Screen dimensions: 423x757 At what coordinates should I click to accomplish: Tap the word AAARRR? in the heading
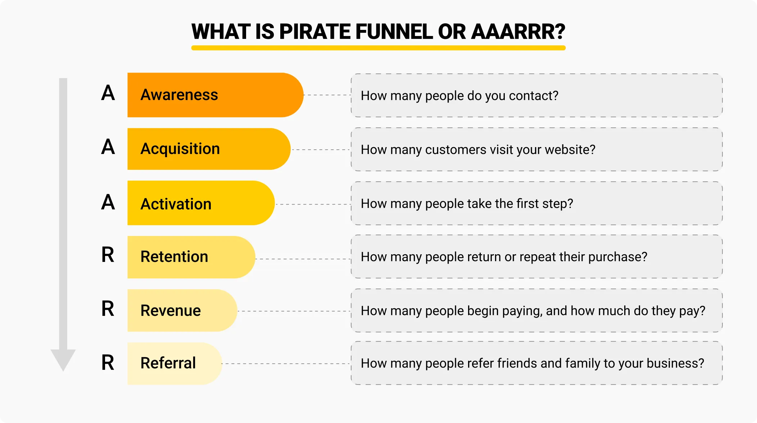[518, 32]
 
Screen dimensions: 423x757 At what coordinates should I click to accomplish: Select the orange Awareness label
[179, 95]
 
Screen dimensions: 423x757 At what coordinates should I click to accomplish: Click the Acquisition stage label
[180, 149]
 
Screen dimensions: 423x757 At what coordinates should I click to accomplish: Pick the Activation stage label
[176, 204]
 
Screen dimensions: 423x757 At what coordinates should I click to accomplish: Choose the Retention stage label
[174, 257]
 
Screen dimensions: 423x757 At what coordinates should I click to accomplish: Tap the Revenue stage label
[171, 310]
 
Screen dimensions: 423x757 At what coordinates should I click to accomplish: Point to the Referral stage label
[168, 363]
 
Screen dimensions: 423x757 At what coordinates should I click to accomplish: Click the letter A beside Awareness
[108, 93]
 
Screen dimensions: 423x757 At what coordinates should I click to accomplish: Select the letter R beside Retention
[108, 255]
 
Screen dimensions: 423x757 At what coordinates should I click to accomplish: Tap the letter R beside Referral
[108, 363]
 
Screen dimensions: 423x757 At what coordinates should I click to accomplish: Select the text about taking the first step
[467, 204]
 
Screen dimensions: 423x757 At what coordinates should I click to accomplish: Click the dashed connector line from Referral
[286, 364]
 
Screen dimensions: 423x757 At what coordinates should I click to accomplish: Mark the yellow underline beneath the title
[378, 48]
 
